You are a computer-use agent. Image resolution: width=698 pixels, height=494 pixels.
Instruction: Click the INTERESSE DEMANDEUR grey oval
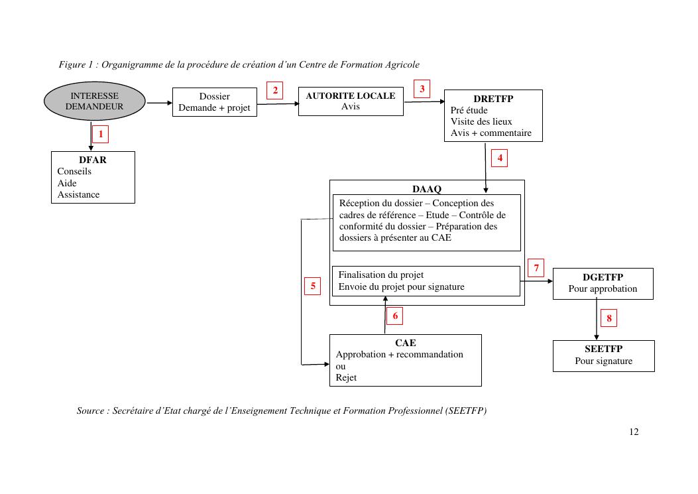94,101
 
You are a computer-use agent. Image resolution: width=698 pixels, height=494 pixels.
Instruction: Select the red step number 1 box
100,135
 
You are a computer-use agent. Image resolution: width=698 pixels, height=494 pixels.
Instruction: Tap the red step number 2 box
275,91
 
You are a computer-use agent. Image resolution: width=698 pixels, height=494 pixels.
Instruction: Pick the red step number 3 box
422,89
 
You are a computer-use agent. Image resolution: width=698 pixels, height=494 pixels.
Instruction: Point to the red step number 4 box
499,158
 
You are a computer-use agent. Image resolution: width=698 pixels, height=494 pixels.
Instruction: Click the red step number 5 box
312,286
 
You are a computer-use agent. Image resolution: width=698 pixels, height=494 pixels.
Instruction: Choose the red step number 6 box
395,316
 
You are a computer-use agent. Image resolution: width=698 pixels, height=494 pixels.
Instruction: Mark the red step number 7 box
536,269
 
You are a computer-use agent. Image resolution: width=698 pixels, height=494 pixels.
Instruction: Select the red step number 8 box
609,319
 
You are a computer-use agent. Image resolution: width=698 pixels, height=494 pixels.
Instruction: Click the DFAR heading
93,160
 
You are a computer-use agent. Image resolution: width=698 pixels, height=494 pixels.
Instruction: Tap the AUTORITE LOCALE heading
350,95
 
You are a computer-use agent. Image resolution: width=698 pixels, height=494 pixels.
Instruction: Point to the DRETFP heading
493,99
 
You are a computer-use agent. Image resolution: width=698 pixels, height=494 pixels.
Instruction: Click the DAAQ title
426,189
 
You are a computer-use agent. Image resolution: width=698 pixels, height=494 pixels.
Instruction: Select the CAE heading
406,343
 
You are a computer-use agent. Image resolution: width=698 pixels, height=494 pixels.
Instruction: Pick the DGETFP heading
603,277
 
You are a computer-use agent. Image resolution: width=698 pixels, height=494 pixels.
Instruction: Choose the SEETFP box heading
603,349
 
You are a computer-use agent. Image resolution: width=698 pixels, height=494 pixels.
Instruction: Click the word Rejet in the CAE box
346,377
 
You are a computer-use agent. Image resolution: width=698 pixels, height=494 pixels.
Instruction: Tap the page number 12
634,432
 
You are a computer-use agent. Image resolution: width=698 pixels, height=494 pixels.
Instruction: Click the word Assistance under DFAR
78,194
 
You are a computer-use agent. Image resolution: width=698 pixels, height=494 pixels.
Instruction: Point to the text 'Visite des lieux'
481,121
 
